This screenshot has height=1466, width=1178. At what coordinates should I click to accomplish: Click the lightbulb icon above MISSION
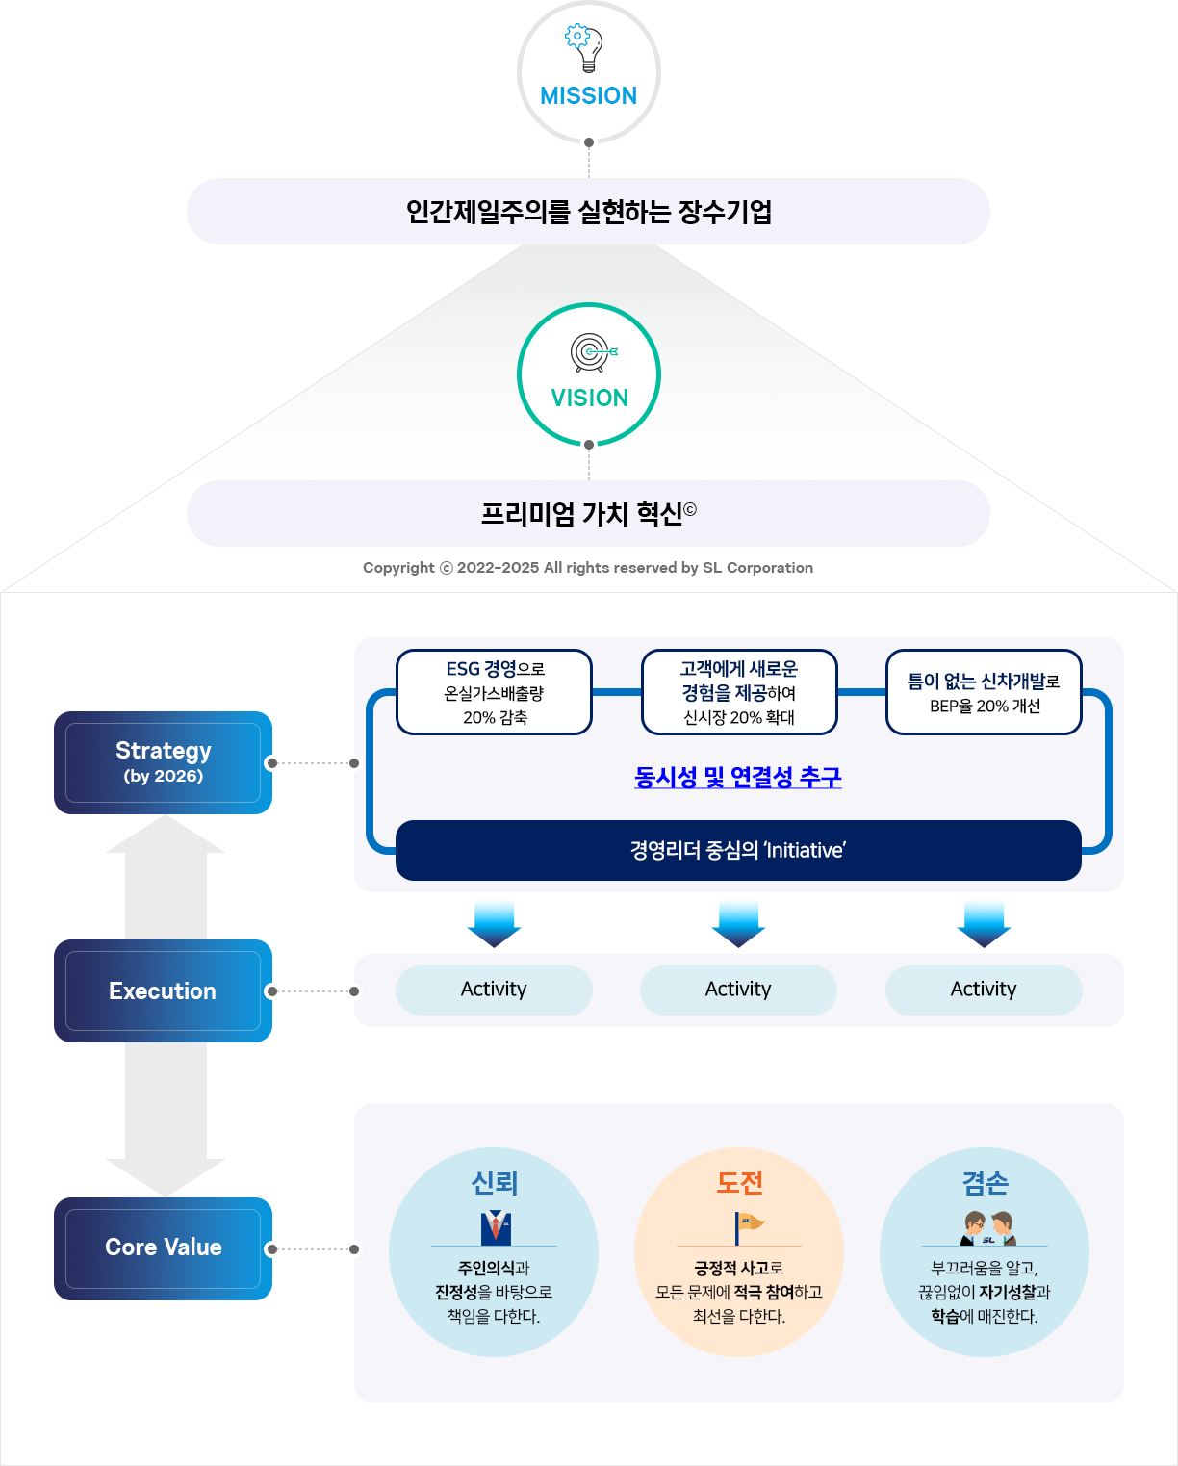[x=584, y=48]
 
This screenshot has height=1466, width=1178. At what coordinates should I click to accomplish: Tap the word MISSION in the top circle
[x=589, y=96]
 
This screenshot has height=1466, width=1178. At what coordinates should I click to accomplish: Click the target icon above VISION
[x=593, y=352]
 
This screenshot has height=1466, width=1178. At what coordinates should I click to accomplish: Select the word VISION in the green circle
[x=589, y=398]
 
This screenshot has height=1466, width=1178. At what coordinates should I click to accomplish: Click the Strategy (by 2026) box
[x=163, y=762]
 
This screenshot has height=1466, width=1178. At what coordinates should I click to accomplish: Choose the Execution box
[x=163, y=990]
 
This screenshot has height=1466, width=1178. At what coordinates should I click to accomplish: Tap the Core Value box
[x=163, y=1248]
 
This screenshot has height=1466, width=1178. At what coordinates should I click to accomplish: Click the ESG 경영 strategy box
[x=494, y=692]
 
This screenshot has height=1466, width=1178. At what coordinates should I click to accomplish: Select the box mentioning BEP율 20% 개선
[x=984, y=692]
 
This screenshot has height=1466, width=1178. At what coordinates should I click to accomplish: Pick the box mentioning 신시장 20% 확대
[x=739, y=692]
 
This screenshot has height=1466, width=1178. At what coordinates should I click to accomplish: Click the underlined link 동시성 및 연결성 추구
[x=738, y=778]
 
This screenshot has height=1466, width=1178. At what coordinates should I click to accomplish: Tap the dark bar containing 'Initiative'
[x=738, y=850]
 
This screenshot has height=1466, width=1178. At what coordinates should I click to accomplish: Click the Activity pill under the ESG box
[x=494, y=990]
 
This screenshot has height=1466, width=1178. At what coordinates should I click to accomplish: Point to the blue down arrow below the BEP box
[x=984, y=924]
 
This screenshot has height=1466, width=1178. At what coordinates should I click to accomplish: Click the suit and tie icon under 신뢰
[x=496, y=1227]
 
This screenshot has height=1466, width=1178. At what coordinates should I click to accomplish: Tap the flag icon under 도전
[x=749, y=1227]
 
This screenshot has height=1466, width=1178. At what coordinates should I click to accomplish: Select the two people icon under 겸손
[x=988, y=1228]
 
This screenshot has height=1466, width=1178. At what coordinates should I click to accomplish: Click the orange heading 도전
[x=739, y=1183]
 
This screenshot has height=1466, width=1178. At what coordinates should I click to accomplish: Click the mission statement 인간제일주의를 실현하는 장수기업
[x=589, y=212]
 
